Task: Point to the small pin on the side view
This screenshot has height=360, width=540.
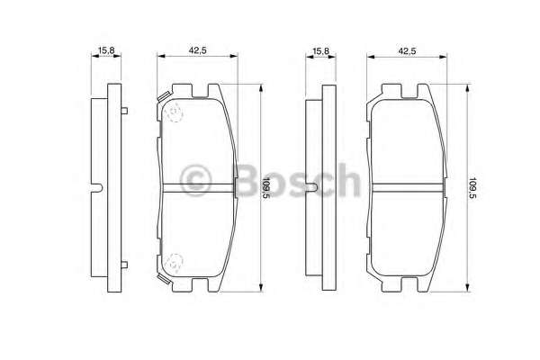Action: (x=125, y=112)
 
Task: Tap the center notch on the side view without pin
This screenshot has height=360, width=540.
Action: (x=311, y=188)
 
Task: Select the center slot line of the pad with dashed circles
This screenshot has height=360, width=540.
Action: (x=199, y=188)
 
